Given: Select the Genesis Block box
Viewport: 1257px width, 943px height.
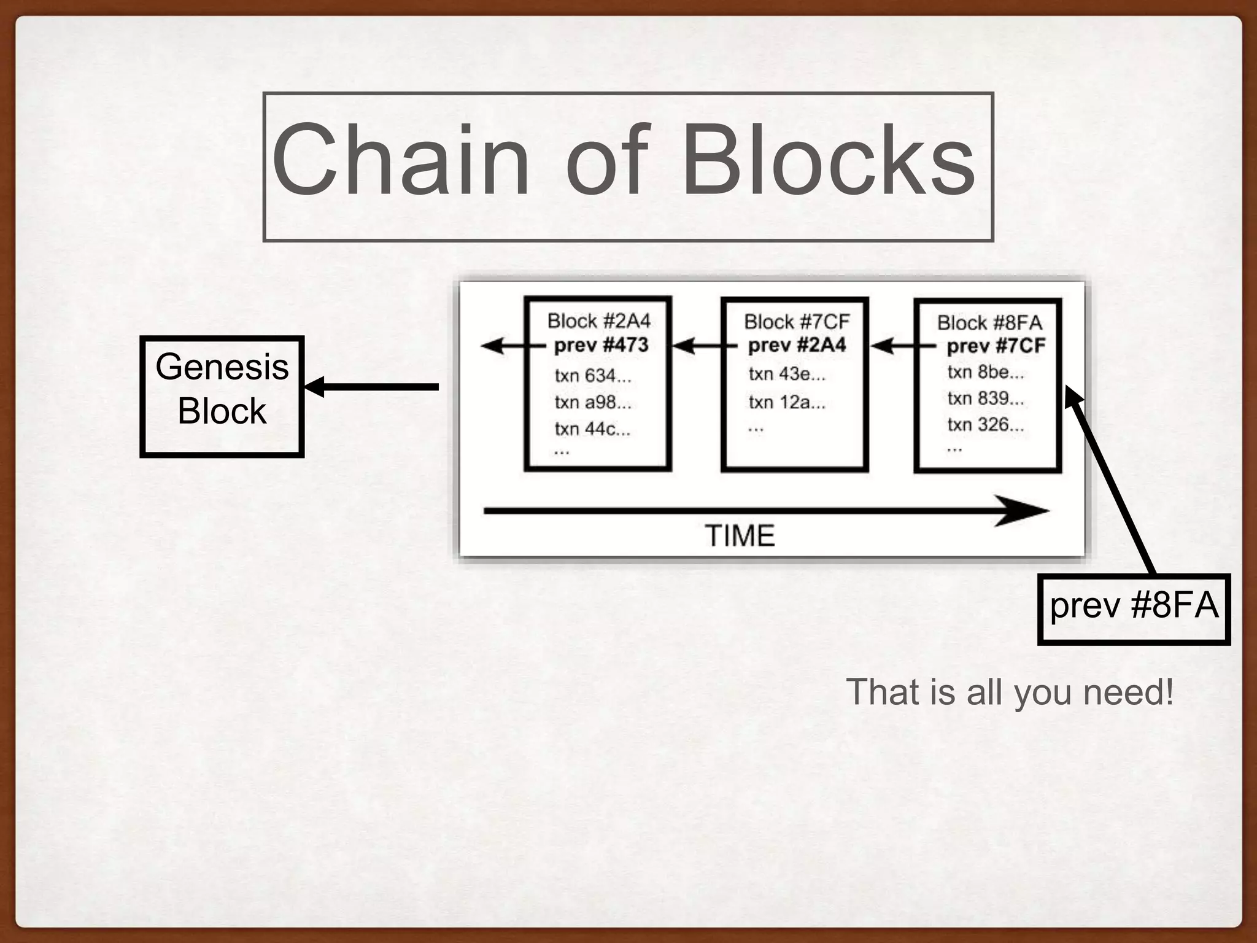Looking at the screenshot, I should [x=222, y=397].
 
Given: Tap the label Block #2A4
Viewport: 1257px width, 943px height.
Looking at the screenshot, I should [x=598, y=321].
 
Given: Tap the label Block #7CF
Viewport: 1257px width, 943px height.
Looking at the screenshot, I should [x=796, y=322].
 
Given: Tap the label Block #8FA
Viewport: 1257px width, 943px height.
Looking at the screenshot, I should [x=989, y=323].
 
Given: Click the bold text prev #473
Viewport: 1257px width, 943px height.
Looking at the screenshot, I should [x=601, y=345].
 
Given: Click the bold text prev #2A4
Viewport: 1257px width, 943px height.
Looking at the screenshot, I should [x=796, y=345].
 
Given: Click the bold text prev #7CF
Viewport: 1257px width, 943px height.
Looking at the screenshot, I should [x=995, y=346].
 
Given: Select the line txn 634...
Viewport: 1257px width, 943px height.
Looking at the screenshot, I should [x=592, y=375].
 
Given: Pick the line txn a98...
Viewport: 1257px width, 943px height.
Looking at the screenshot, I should [x=592, y=402].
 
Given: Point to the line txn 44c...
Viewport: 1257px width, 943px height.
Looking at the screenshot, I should [x=592, y=429].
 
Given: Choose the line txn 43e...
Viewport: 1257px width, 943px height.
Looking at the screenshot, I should [x=787, y=374].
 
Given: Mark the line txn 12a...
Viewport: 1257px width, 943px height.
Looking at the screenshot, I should [x=787, y=402].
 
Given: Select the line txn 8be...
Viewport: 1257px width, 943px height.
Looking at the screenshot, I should [x=985, y=372].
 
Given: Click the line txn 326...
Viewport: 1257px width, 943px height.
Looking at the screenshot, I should [x=985, y=424].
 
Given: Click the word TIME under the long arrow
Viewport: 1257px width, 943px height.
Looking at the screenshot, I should [x=740, y=535].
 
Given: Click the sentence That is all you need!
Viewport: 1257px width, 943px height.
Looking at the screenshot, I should [x=1010, y=692].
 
